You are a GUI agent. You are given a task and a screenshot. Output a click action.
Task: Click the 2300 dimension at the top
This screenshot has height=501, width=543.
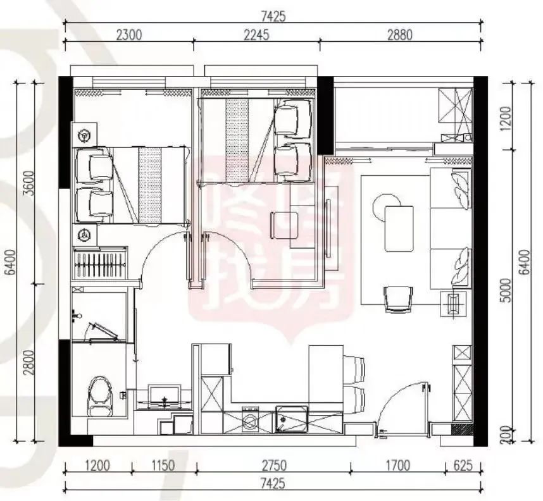pyautogui.click(x=129, y=35)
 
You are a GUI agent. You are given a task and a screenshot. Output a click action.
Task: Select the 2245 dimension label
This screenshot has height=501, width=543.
pyautogui.click(x=256, y=35)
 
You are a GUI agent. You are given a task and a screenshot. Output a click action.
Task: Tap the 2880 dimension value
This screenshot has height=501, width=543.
pyautogui.click(x=399, y=35)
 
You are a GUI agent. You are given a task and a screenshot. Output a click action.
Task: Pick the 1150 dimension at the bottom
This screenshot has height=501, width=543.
pyautogui.click(x=163, y=466)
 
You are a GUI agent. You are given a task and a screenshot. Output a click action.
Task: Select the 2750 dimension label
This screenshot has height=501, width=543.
pyautogui.click(x=274, y=466)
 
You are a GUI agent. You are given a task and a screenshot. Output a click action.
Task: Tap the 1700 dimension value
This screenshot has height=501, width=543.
pyautogui.click(x=397, y=466)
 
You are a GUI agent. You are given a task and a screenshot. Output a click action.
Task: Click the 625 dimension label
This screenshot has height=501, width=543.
pyautogui.click(x=463, y=466)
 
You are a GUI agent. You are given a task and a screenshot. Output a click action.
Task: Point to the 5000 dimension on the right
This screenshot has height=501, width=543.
pyautogui.click(x=507, y=290)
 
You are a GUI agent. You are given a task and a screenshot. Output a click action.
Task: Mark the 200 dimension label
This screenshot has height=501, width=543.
pyautogui.click(x=507, y=435)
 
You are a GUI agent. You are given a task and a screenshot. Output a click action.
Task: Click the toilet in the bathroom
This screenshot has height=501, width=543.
pyautogui.click(x=101, y=397)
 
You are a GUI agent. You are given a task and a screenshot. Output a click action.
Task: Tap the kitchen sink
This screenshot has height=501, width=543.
pyautogui.click(x=292, y=419)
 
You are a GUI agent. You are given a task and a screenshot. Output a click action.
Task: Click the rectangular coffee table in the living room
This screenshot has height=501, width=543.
pyautogui.click(x=399, y=228)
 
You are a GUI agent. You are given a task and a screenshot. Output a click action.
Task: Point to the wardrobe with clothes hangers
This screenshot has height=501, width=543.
pyautogui.click(x=100, y=263)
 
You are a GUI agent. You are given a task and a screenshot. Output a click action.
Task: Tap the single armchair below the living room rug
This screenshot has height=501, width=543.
pyautogui.click(x=398, y=299)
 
